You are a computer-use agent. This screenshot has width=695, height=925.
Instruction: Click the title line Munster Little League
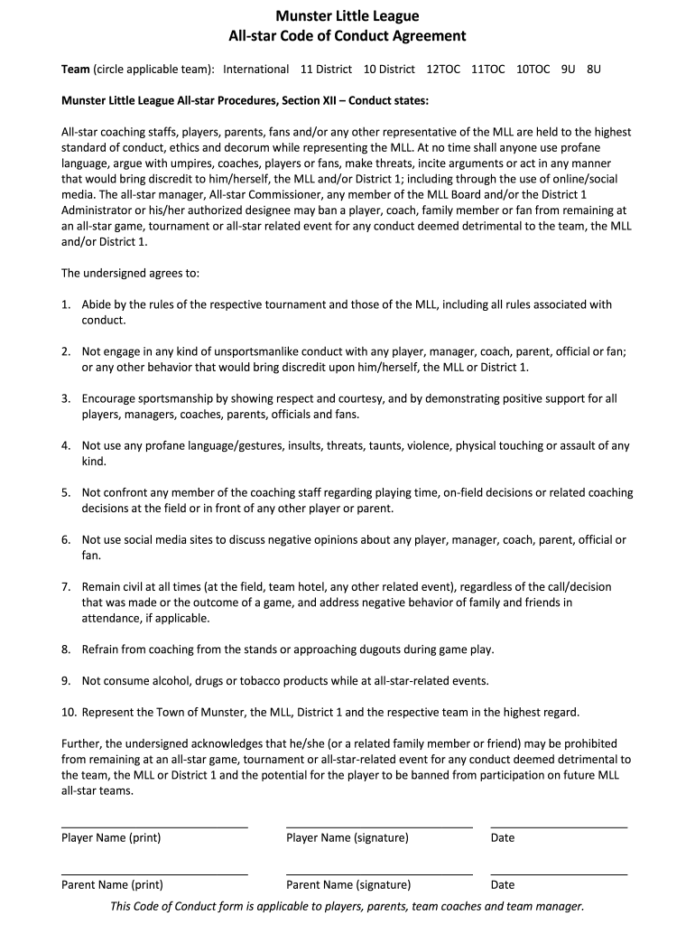tap(347, 16)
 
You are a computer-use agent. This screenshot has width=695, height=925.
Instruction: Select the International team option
tap(256, 70)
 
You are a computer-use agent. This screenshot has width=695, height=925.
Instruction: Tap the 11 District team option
tap(326, 70)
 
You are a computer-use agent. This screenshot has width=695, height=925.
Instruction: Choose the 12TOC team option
tap(443, 70)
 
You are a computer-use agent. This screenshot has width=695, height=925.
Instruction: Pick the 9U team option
tap(568, 70)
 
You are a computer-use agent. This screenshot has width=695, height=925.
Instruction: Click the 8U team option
tap(593, 70)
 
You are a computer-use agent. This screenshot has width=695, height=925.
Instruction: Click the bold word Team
tap(75, 70)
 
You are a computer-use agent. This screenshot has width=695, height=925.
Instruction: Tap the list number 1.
tap(66, 304)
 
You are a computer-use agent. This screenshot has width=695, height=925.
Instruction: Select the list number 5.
tap(66, 492)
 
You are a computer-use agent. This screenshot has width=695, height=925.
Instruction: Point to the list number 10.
tap(69, 712)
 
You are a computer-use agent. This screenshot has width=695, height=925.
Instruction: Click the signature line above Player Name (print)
tap(154, 827)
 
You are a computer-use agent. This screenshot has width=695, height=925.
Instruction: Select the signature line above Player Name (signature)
tap(379, 827)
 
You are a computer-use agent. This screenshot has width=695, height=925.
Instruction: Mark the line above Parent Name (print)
tap(154, 874)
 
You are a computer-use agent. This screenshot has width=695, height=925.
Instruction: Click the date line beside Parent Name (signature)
tap(559, 874)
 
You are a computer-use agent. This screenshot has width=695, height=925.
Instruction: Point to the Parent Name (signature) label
tap(348, 885)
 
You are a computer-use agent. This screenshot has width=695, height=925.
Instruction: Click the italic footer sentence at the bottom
tap(347, 906)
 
